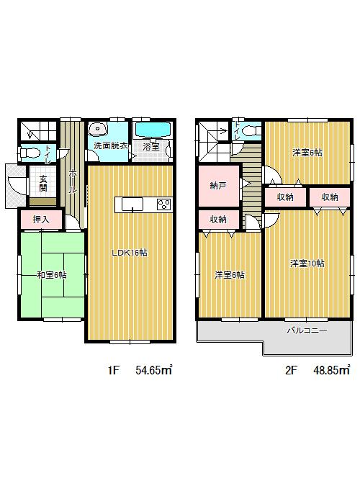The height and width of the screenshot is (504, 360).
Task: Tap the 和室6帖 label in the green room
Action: point(51,275)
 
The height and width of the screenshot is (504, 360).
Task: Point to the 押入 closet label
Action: point(40,219)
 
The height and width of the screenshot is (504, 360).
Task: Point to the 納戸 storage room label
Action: point(217,186)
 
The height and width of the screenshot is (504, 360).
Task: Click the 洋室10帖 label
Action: point(307,264)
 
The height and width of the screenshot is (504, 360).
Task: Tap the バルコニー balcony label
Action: point(307,330)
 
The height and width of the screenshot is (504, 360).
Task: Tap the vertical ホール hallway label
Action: point(73,176)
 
